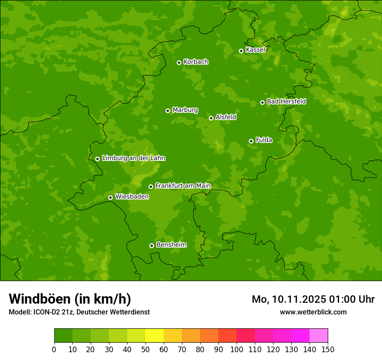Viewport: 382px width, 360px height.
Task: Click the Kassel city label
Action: [255, 50]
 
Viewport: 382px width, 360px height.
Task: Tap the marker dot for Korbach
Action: [179, 62]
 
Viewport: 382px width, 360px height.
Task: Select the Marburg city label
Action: [185, 110]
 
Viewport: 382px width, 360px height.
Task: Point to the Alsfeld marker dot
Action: [211, 118]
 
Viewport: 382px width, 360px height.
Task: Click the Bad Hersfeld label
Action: [286, 101]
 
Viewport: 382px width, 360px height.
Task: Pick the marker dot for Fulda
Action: [251, 141]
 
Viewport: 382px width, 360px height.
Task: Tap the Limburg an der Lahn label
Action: [133, 158]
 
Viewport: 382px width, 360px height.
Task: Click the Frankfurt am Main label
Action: [183, 186]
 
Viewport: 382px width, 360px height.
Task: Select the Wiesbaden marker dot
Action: [110, 197]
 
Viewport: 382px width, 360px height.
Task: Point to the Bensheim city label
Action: [171, 245]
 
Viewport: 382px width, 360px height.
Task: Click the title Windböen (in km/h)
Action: [69, 299]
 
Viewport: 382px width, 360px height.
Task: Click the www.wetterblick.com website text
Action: [313, 312]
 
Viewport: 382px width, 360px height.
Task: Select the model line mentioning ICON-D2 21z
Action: [79, 312]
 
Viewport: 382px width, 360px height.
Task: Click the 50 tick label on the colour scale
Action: [145, 349]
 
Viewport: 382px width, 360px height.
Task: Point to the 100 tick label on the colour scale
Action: [237, 349]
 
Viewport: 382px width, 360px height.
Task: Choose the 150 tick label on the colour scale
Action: [328, 349]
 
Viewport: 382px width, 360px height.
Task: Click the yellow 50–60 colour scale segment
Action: [155, 336]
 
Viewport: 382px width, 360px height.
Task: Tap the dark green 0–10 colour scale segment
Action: [63, 336]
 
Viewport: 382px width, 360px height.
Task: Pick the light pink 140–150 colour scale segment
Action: [319, 336]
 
